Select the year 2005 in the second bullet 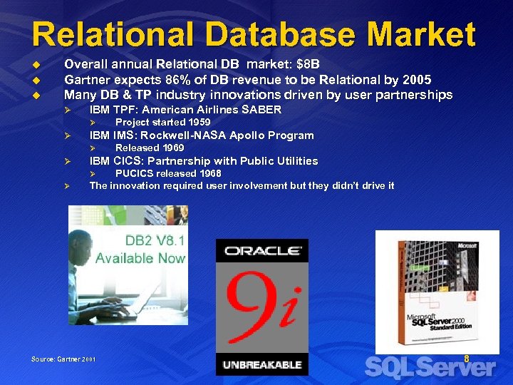(x=416, y=78)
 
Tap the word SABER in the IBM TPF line (x=261, y=110)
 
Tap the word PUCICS (x=134, y=173)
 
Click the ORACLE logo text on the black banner (x=262, y=251)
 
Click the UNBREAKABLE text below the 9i (x=262, y=364)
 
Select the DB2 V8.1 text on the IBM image (x=155, y=240)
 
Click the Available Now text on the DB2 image (x=140, y=257)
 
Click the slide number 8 (x=467, y=359)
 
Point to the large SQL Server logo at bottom (x=430, y=367)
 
